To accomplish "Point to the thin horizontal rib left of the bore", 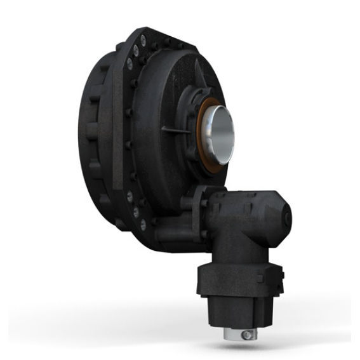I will [177, 130].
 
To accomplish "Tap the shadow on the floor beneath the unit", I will [190, 330].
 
